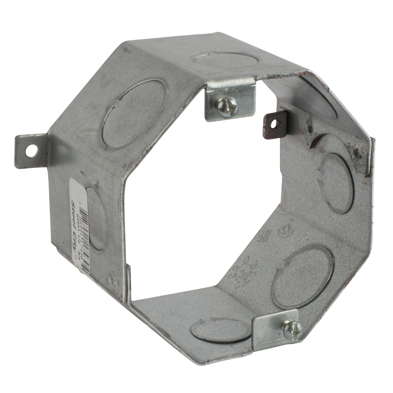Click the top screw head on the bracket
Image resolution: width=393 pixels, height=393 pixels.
(227, 107)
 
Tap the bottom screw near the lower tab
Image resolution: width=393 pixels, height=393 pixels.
(292, 329)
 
